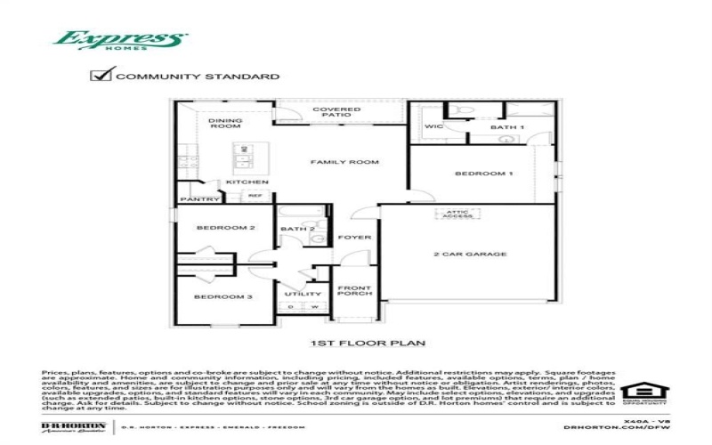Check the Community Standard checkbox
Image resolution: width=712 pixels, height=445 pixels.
pyautogui.click(x=101, y=76)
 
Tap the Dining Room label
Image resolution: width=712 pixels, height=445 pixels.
pyautogui.click(x=224, y=123)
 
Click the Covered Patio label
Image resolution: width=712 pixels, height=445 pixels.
pyautogui.click(x=336, y=113)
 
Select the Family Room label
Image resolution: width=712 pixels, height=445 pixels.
pyautogui.click(x=344, y=163)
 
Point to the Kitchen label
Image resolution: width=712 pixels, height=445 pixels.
pyautogui.click(x=247, y=182)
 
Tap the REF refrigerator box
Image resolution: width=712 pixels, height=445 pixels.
pyautogui.click(x=255, y=195)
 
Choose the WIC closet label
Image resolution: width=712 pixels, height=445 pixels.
pyautogui.click(x=433, y=127)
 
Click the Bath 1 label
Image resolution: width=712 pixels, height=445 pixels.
pyautogui.click(x=507, y=127)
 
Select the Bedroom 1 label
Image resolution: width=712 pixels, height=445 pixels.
pyautogui.click(x=484, y=173)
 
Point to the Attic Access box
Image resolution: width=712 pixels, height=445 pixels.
pyautogui.click(x=458, y=214)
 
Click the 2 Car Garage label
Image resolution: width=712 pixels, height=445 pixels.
pyautogui.click(x=470, y=255)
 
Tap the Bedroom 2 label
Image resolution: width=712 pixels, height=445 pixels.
pyautogui.click(x=226, y=228)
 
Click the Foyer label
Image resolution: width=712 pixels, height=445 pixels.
pyautogui.click(x=353, y=238)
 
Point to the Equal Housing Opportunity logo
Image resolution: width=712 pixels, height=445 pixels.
pyautogui.click(x=637, y=392)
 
